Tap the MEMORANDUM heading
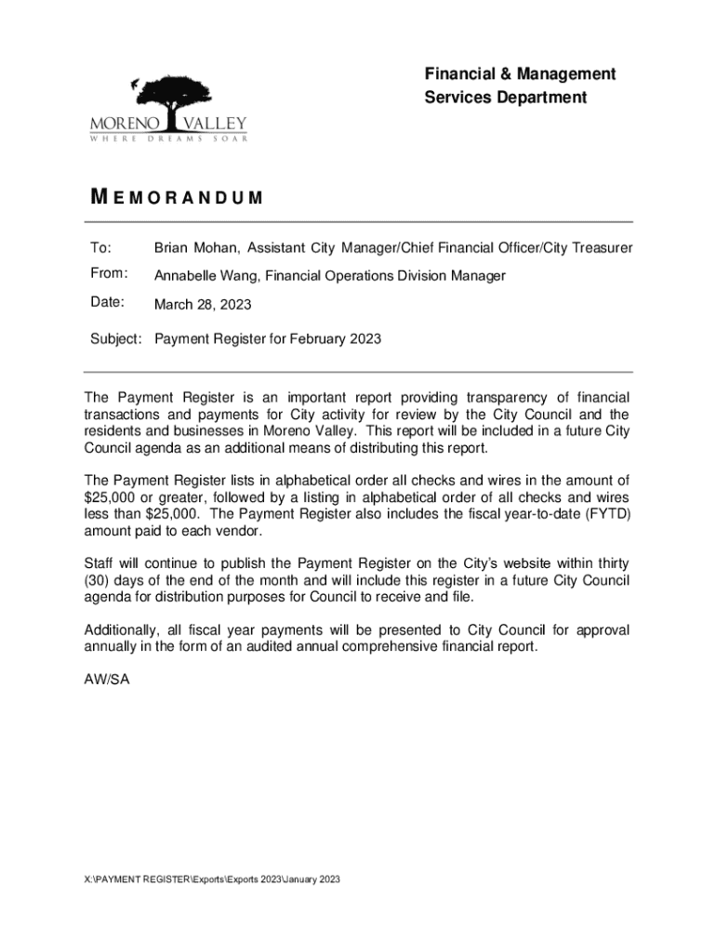[x=176, y=198]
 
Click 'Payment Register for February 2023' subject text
[x=268, y=339]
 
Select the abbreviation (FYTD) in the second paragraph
[x=606, y=514]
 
